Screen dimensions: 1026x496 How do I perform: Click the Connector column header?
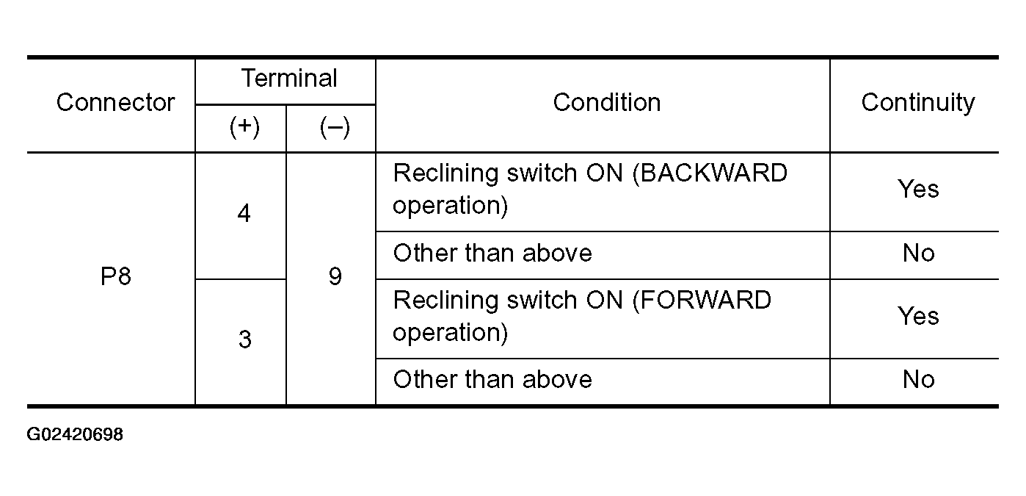115,102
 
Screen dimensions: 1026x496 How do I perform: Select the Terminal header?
289,78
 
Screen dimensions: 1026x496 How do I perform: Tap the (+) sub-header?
244,127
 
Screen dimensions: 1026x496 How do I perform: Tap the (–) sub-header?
335,127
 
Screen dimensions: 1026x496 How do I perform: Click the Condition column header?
607,102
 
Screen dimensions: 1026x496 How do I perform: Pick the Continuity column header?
918,103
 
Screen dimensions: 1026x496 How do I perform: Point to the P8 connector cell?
116,276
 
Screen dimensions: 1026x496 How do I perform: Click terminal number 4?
244,213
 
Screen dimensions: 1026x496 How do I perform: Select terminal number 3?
245,339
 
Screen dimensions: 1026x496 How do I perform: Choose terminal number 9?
335,276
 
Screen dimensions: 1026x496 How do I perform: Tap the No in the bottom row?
918,380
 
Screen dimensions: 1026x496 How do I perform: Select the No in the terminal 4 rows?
918,253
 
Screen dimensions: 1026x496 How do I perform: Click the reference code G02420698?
75,434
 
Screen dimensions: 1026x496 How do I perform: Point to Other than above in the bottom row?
492,380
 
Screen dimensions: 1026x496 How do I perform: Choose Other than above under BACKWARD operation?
492,253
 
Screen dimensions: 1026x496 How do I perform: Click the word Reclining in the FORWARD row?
445,301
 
